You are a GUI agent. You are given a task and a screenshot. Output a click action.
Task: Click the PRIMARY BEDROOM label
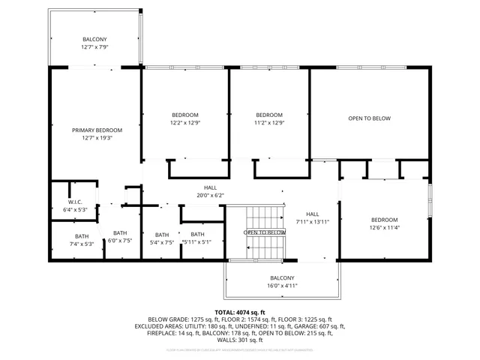click(97, 130)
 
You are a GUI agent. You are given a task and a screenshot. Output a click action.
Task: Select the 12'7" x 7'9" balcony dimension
click(94, 47)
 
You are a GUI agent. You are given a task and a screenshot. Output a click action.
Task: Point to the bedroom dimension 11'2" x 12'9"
click(269, 123)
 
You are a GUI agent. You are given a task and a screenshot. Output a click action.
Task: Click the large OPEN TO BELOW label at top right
click(369, 118)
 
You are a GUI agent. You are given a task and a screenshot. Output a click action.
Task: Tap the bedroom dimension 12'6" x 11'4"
click(382, 228)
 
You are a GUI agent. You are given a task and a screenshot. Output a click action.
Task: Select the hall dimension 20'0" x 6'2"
click(211, 196)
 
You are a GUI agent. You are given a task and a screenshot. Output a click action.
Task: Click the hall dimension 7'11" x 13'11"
click(312, 222)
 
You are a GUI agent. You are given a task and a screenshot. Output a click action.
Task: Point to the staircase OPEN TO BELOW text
click(265, 232)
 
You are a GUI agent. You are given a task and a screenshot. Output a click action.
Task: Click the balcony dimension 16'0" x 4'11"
click(283, 285)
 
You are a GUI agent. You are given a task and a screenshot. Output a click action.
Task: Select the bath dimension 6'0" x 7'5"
click(120, 241)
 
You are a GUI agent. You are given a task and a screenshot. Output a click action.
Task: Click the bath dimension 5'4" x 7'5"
click(162, 243)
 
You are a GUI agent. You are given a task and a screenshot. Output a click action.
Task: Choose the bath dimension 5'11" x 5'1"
click(196, 242)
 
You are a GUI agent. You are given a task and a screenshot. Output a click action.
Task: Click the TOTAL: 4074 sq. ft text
click(240, 312)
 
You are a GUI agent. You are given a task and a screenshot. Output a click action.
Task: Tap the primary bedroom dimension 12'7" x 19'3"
click(97, 138)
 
